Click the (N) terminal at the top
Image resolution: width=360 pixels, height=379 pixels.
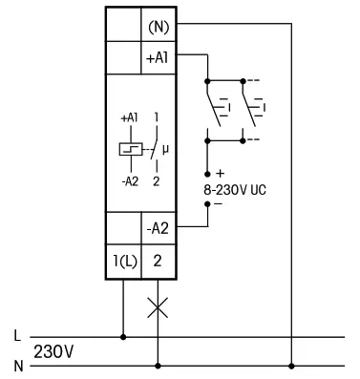157,25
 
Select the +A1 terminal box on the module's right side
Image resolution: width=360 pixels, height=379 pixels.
157,56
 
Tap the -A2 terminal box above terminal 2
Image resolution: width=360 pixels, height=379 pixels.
157,228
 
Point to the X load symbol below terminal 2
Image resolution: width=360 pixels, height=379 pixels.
158,308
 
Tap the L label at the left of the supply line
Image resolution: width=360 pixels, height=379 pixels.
16,336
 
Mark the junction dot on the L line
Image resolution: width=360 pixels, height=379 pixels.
123,336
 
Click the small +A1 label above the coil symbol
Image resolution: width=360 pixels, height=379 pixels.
128,116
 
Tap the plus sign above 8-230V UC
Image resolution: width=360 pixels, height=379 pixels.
220,174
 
